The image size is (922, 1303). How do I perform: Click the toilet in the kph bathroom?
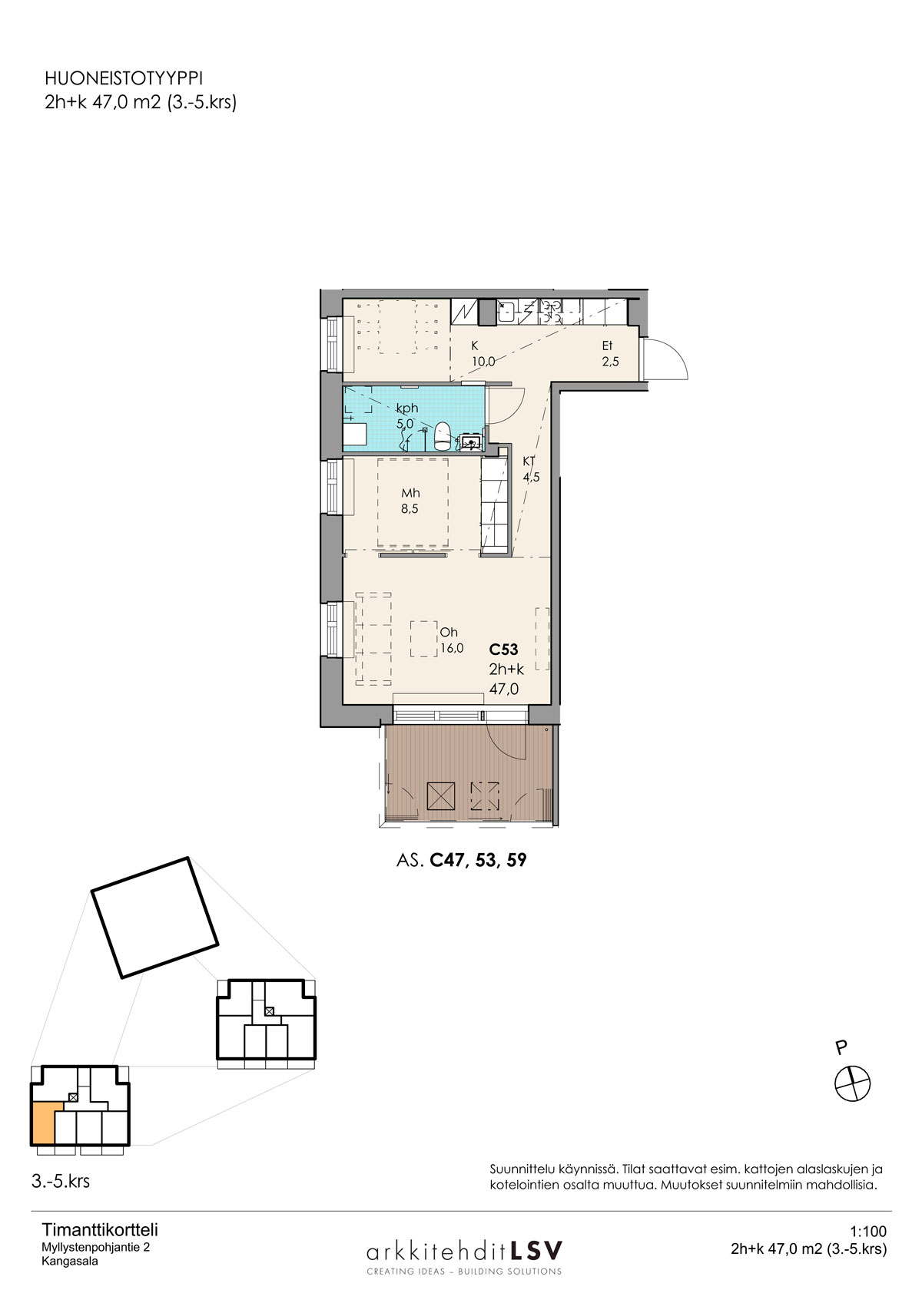(443, 436)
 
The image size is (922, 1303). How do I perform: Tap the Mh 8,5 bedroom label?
(410, 501)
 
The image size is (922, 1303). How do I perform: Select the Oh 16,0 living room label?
(452, 640)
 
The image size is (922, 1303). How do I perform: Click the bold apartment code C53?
(503, 649)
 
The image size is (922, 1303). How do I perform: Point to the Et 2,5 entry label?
(610, 354)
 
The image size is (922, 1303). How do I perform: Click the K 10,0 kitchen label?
(483, 354)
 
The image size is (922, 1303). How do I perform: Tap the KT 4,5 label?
(531, 469)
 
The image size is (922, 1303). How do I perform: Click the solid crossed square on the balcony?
(440, 795)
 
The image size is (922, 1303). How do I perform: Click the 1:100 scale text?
(868, 1232)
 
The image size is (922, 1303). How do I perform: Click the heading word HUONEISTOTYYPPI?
(124, 78)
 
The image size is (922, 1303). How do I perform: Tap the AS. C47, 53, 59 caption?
(462, 860)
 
